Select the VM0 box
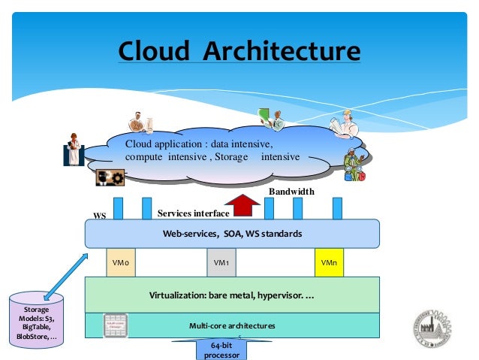click(x=120, y=263)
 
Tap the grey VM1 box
click(x=221, y=263)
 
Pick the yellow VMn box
click(x=329, y=263)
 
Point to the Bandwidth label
click(x=291, y=192)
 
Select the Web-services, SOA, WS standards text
click(x=232, y=234)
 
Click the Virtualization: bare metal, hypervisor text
click(x=232, y=295)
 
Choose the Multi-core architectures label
click(x=232, y=325)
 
